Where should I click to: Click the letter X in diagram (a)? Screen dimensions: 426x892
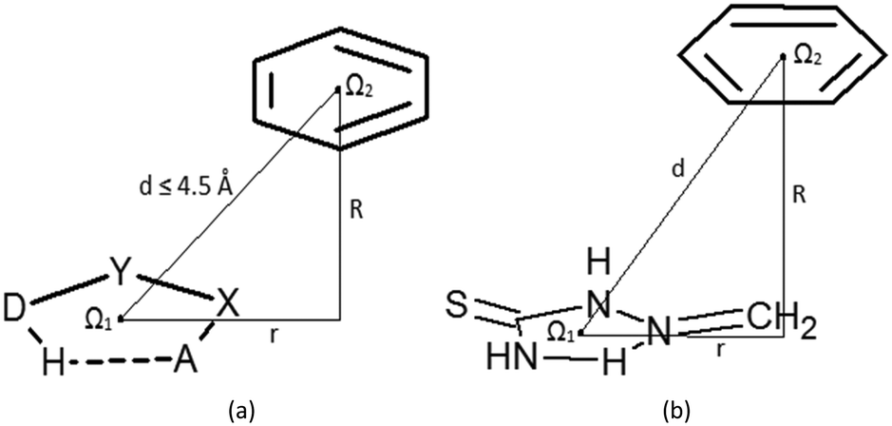click(228, 305)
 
